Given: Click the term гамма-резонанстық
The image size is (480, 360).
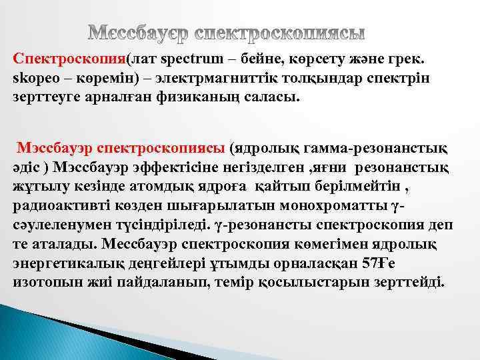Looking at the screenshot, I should tap(363, 146).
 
